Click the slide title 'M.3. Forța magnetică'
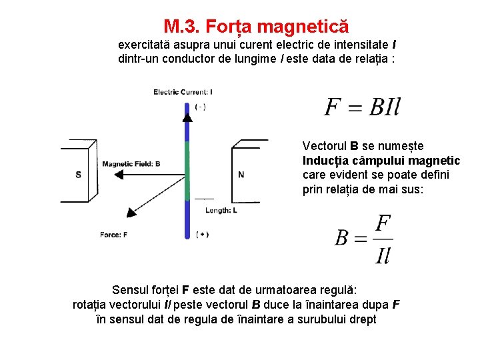click(x=256, y=27)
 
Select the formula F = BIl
click(x=362, y=107)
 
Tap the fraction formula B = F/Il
click(x=363, y=239)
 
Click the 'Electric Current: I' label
click(x=183, y=92)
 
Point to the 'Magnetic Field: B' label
click(x=131, y=163)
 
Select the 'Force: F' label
click(x=113, y=235)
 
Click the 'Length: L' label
click(x=221, y=210)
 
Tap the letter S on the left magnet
click(x=79, y=175)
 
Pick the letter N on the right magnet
click(x=241, y=175)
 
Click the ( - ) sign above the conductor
click(x=201, y=107)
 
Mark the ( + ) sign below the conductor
click(x=203, y=234)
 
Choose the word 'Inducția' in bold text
click(x=325, y=161)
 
